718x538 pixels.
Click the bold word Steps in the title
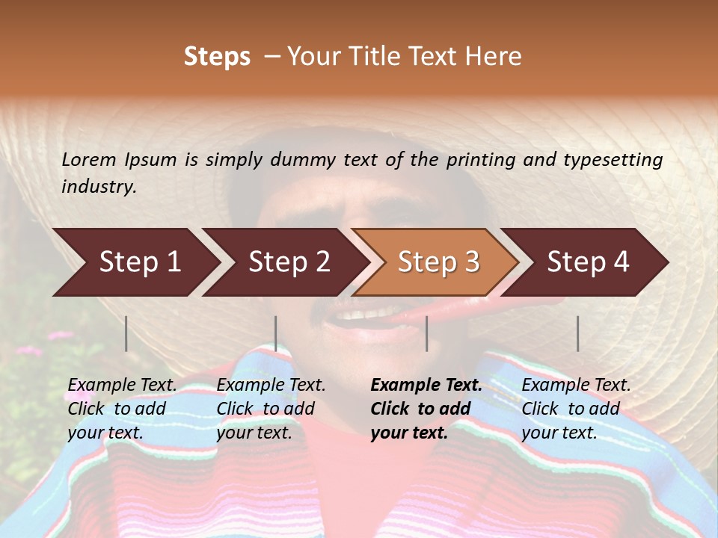(217, 57)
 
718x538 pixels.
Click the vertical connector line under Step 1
(126, 333)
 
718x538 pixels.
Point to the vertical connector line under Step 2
(276, 333)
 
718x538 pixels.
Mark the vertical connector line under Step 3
(426, 333)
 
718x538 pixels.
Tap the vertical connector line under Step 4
(577, 333)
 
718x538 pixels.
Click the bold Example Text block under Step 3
(426, 409)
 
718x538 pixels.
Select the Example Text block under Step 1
(123, 409)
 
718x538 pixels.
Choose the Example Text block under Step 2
(271, 409)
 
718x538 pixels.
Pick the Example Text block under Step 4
(576, 409)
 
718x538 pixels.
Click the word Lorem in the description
(88, 160)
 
